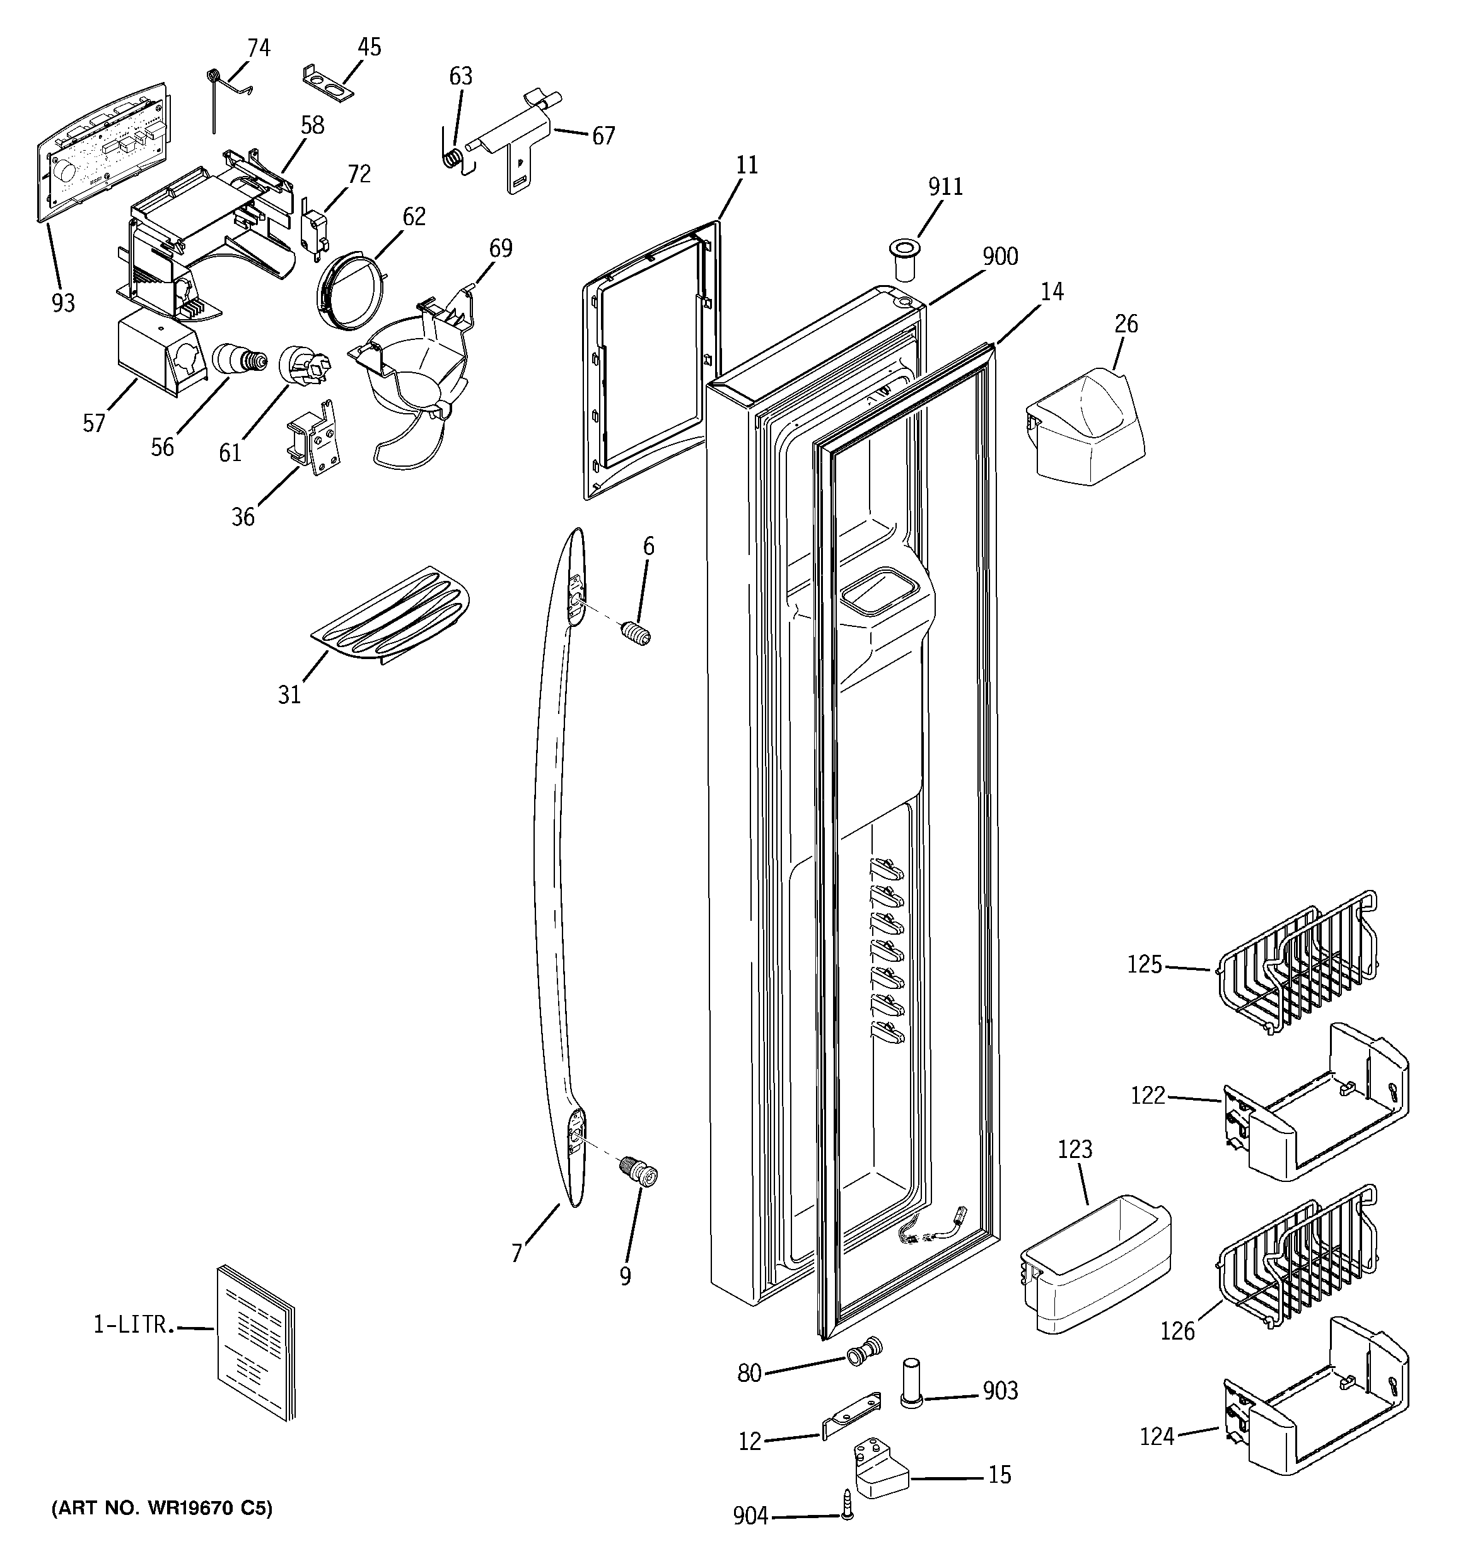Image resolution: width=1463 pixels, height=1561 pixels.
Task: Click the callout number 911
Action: [x=945, y=187]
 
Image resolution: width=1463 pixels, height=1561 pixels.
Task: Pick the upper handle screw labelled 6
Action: [x=636, y=632]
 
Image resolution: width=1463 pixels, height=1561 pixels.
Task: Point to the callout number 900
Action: [x=1000, y=257]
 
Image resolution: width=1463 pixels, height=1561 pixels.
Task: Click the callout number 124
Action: [x=1157, y=1435]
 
